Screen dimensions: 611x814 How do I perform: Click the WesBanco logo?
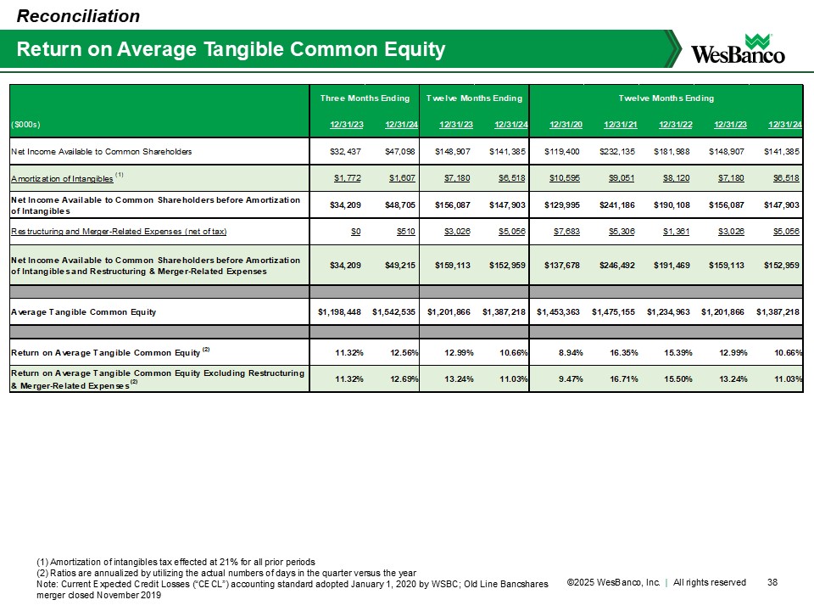(x=738, y=49)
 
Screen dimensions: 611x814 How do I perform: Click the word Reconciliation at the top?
(x=79, y=15)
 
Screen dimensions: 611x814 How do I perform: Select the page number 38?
(x=772, y=582)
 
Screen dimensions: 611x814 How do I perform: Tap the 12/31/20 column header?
(x=564, y=126)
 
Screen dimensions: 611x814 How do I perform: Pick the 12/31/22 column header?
(x=672, y=126)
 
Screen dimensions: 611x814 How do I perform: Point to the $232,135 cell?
(x=617, y=151)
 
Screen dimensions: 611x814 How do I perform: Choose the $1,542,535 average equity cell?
(x=397, y=312)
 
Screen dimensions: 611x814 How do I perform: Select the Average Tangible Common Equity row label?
(x=83, y=312)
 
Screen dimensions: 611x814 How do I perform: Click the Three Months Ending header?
(x=365, y=98)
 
